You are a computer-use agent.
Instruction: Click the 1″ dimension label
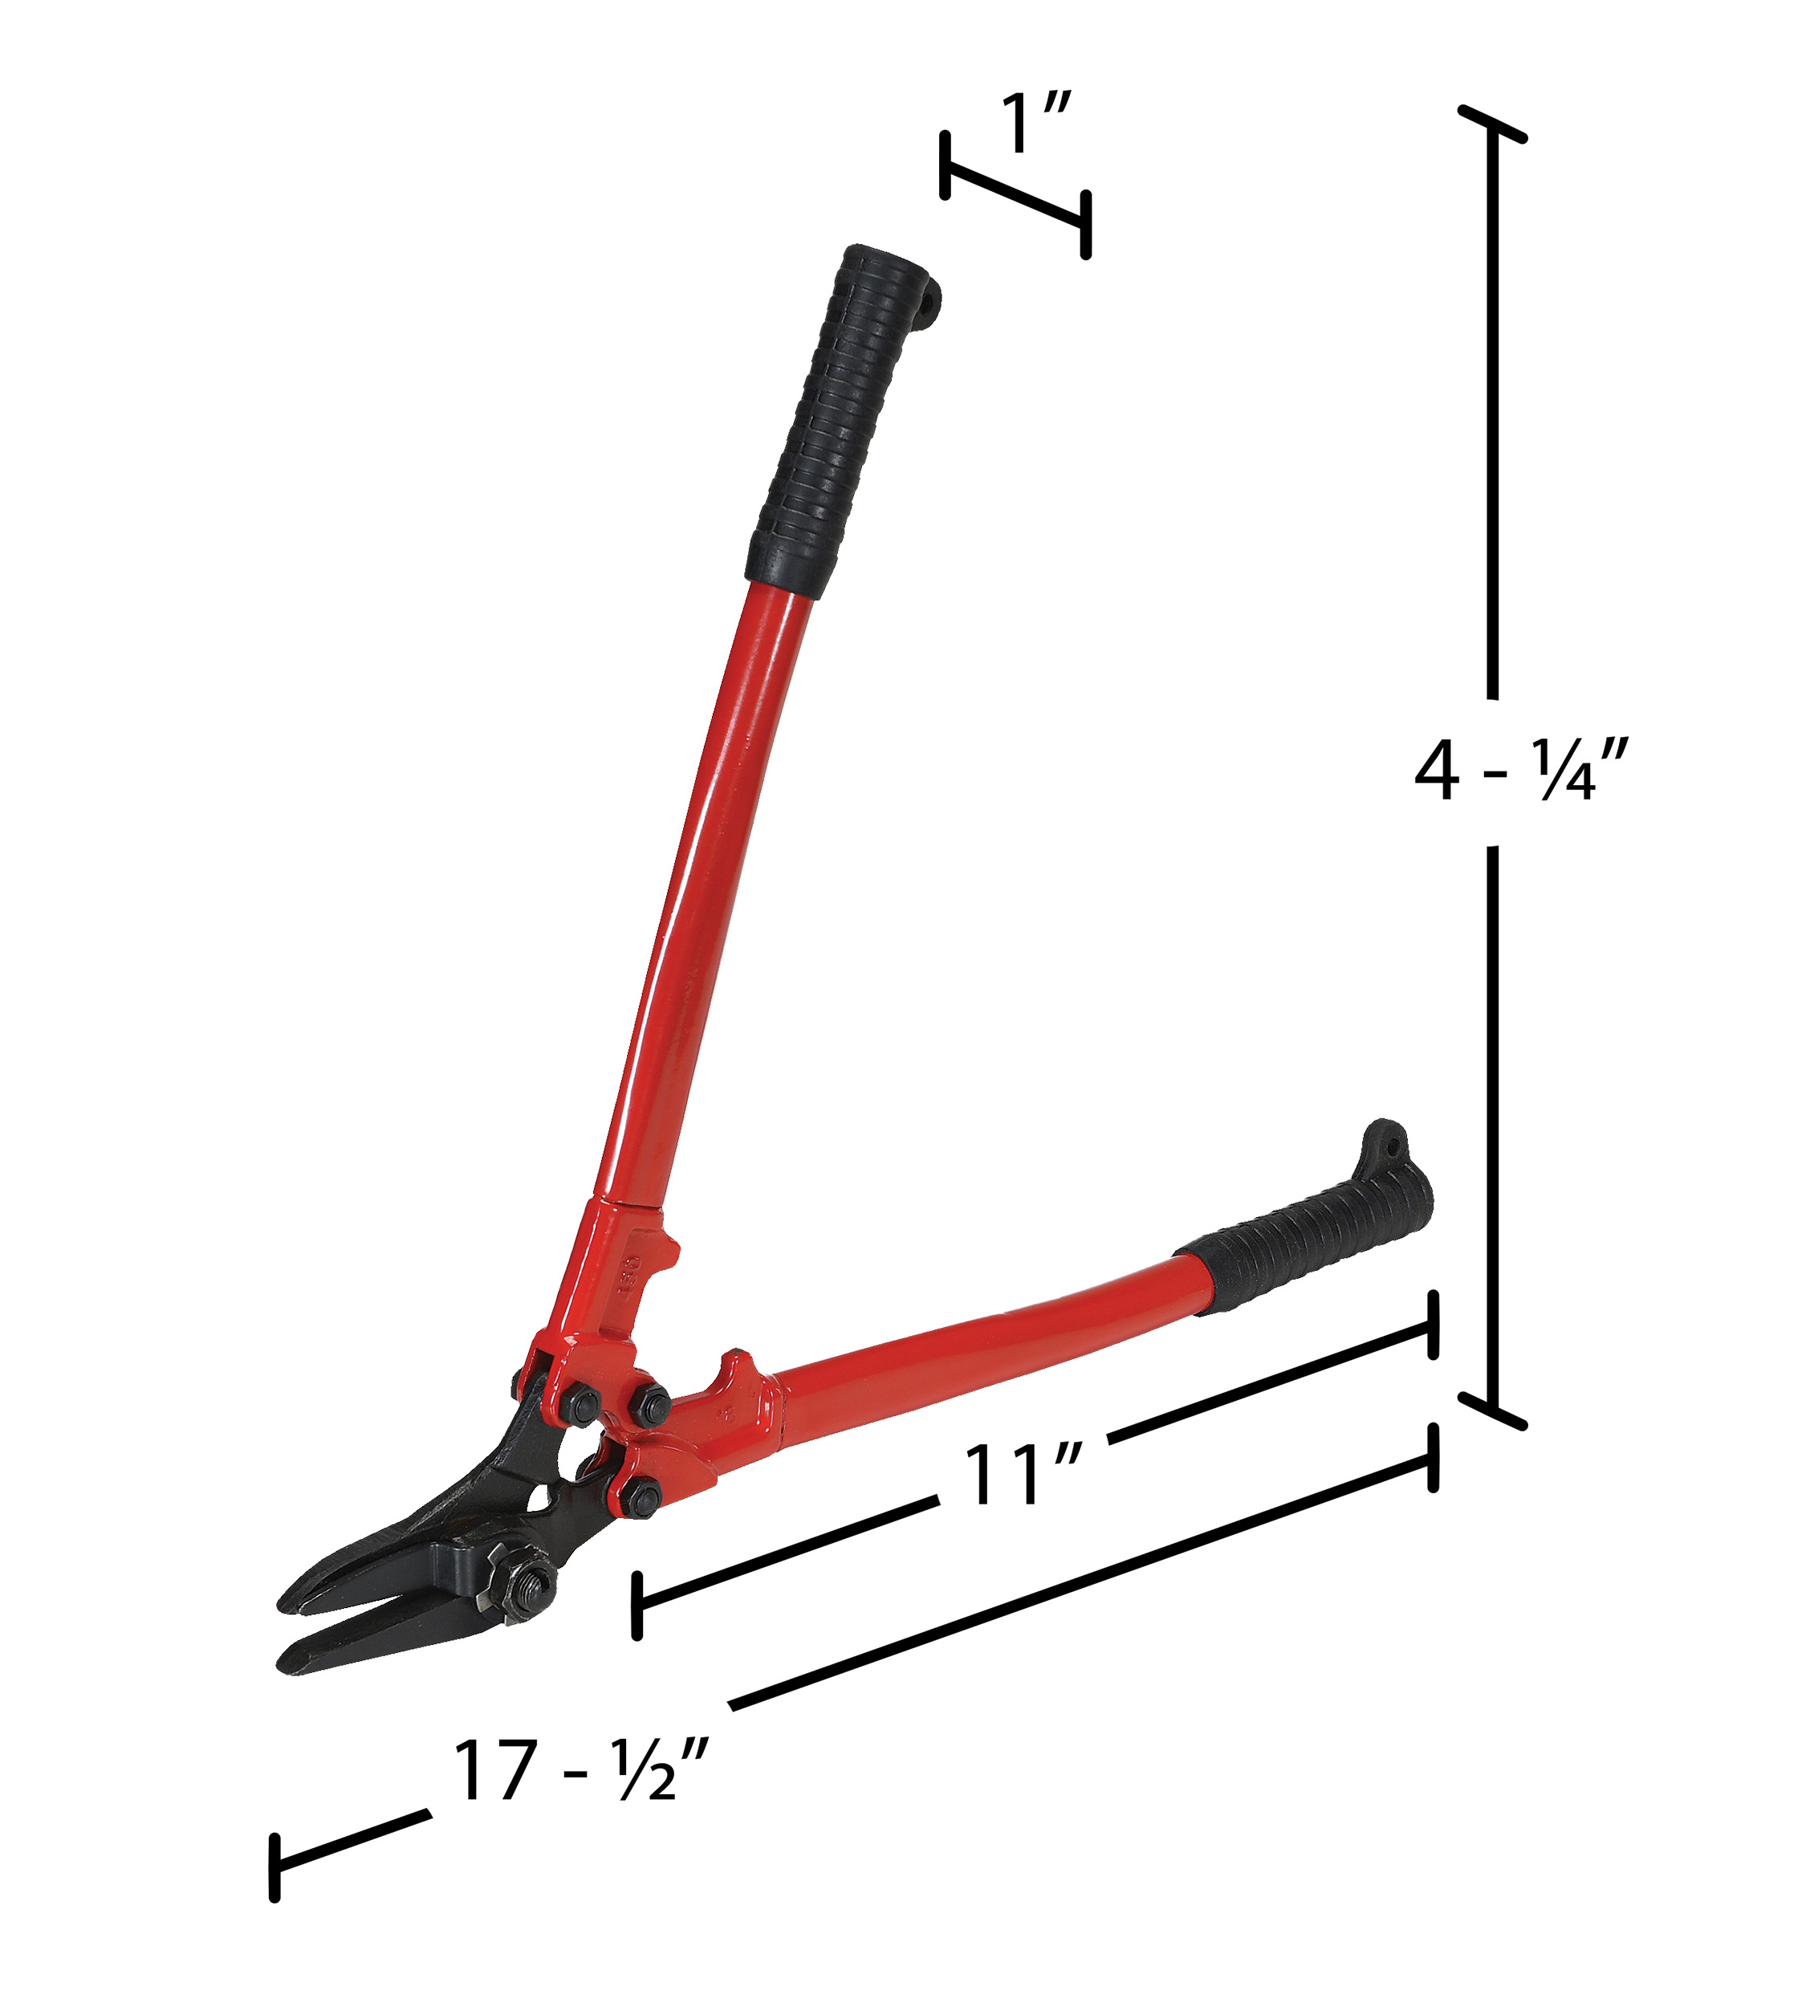pyautogui.click(x=1035, y=124)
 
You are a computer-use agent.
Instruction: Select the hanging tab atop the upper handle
pyautogui.click(x=929, y=301)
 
